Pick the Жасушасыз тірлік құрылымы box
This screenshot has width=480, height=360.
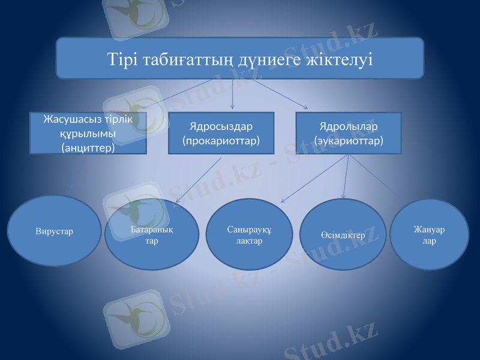click(88, 133)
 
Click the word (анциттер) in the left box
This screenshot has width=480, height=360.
click(88, 147)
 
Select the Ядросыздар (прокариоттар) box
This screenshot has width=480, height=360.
click(221, 133)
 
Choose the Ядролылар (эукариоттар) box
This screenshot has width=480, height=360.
click(349, 133)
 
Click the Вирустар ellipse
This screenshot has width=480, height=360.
click(54, 231)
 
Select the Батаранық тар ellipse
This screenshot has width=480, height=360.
click(152, 235)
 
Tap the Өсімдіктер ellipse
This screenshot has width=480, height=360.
click(343, 235)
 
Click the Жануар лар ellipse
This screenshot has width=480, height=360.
click(429, 235)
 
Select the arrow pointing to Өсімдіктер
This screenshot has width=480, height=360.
click(346, 177)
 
